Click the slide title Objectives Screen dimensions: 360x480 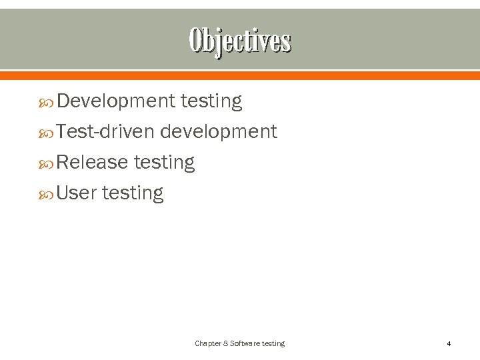point(240,41)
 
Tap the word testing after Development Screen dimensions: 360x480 point(211,101)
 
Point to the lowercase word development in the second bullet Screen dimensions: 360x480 point(219,132)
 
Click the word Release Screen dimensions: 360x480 point(92,163)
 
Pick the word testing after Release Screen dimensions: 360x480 point(164,163)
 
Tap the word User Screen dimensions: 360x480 point(77,193)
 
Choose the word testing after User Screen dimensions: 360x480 point(132,193)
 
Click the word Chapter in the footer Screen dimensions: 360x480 point(207,343)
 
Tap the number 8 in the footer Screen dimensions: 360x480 point(225,343)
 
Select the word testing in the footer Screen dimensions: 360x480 point(273,343)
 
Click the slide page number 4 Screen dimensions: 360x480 point(449,344)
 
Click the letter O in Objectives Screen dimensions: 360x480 point(195,41)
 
